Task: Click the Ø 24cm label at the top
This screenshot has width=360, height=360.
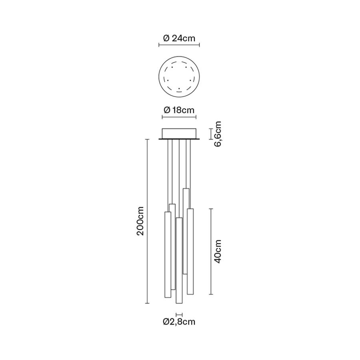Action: click(179, 38)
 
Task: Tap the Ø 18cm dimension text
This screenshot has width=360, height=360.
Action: click(179, 110)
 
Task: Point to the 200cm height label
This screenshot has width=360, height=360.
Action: click(140, 221)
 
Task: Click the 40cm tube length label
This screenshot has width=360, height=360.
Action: click(217, 252)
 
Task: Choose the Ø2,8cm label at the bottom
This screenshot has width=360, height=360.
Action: click(179, 322)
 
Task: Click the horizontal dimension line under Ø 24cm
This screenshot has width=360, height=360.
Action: click(179, 45)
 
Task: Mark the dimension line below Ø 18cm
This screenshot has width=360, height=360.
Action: click(179, 117)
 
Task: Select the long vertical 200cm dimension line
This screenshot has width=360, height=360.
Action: click(147, 221)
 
